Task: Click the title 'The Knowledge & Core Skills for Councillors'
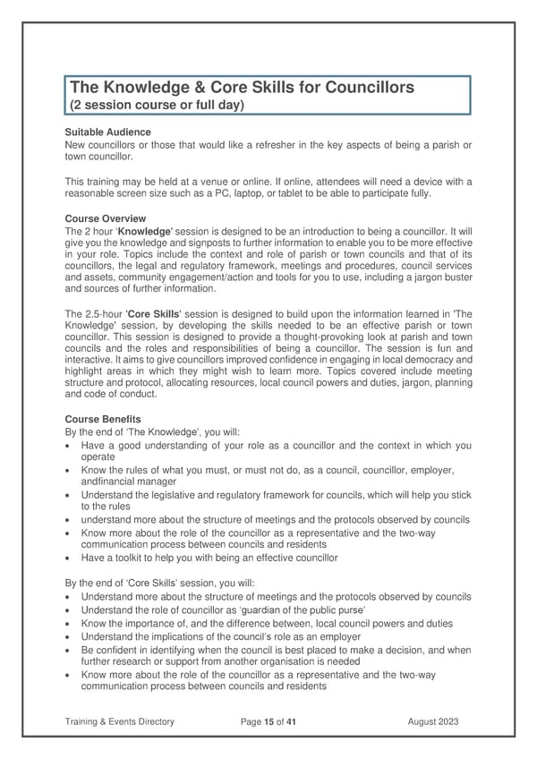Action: tap(242, 88)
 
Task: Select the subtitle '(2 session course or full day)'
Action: tap(158, 105)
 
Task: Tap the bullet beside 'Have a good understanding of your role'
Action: tap(70, 446)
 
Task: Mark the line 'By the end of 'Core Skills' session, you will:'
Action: tap(160, 583)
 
